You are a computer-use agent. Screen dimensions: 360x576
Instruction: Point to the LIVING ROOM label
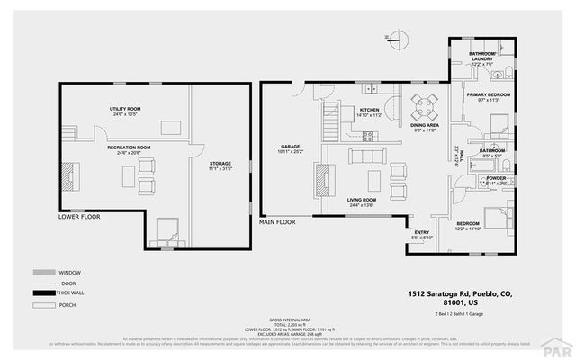click(x=363, y=202)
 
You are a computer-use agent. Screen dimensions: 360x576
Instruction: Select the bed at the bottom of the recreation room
click(x=167, y=232)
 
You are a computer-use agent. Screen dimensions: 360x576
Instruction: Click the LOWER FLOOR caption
click(x=79, y=217)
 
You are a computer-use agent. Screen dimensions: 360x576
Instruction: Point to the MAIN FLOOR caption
click(x=278, y=220)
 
